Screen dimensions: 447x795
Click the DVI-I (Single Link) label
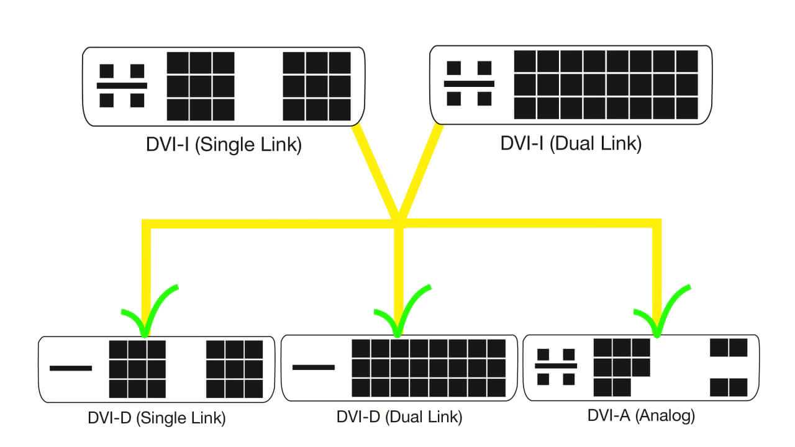point(224,145)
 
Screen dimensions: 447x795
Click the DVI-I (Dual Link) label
point(571,143)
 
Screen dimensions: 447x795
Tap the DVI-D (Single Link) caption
point(156,418)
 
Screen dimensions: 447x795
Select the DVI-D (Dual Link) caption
point(399,417)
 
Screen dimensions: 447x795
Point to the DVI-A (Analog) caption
point(641,415)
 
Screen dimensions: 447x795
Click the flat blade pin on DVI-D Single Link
point(71,368)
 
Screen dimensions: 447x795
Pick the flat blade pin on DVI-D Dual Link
point(313,366)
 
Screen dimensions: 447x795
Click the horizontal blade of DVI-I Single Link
point(122,85)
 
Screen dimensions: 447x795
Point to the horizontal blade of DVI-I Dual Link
point(469,83)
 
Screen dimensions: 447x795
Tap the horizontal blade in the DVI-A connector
point(556,366)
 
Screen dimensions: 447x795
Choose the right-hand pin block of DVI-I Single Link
point(317,86)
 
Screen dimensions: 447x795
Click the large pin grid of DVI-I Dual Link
point(606,84)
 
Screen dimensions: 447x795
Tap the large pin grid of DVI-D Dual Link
point(429,368)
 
